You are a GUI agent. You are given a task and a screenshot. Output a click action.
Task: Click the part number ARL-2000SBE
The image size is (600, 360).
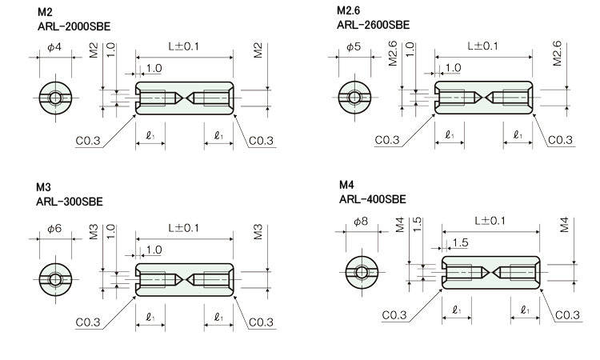[x=74, y=26]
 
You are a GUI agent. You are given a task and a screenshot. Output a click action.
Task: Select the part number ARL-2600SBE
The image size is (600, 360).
[x=374, y=25]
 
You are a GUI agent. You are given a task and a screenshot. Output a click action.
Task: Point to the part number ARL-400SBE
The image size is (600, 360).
[x=373, y=199]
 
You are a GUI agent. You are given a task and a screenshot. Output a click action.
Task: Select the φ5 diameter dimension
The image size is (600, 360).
[x=354, y=47]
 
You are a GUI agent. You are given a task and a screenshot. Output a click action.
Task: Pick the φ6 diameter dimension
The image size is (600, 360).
[x=54, y=229]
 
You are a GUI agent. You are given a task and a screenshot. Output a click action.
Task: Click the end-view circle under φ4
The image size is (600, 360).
[x=54, y=98]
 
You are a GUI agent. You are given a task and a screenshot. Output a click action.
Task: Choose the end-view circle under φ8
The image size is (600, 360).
[x=362, y=274]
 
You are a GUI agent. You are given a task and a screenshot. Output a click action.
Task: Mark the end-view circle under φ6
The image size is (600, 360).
[x=54, y=278]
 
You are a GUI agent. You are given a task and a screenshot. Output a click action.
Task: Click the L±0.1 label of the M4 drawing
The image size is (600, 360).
[x=490, y=220]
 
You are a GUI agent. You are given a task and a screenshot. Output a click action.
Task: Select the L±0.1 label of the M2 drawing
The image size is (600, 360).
[x=184, y=47]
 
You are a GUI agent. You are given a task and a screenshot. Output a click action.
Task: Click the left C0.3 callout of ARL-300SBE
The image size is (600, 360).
[x=88, y=322]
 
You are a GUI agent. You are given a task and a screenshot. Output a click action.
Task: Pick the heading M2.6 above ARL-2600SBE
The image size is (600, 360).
[x=350, y=11]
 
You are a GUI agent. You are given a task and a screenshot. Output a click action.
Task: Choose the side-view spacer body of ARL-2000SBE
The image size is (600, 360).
[x=184, y=98]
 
